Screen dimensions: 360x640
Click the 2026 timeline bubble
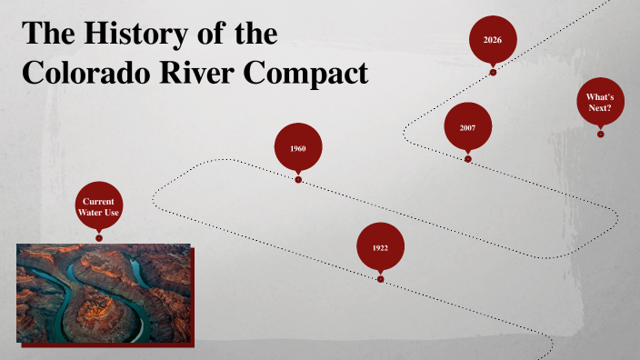pos(493,40)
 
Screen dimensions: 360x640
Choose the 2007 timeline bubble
pos(467,127)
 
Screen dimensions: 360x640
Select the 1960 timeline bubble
pos(297,147)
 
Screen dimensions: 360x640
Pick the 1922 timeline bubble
pos(380,247)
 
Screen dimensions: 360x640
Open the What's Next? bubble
pos(600,102)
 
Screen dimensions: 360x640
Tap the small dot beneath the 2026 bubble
pos(493,72)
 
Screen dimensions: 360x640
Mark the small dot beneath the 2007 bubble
pos(468,159)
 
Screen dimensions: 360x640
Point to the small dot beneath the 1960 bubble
pos(298,180)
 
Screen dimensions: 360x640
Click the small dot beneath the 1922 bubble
pos(381,279)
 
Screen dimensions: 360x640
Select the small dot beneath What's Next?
pos(601,135)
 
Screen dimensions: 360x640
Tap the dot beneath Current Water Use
pos(99,238)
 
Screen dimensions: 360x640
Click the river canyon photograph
pos(104,293)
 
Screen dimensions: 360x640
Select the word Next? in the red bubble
pos(600,108)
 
